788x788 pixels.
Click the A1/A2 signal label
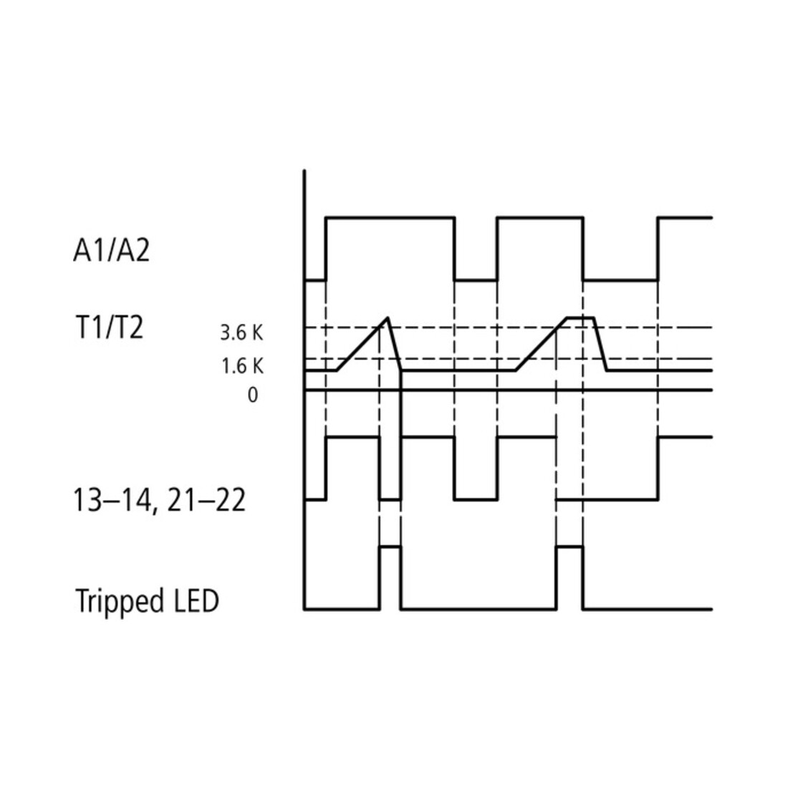click(112, 250)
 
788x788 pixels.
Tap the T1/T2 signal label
click(109, 327)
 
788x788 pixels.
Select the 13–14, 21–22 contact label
click(159, 501)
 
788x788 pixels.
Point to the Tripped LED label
click(148, 600)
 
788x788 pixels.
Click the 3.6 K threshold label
click(241, 332)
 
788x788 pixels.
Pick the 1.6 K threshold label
click(242, 366)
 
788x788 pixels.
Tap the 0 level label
click(253, 395)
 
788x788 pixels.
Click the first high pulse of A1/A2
click(390, 218)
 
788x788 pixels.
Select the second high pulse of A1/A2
click(540, 218)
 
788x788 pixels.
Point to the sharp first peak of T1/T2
click(388, 317)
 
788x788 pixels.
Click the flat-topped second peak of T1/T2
click(580, 317)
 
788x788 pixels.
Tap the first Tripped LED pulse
click(390, 547)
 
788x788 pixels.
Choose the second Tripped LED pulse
click(570, 547)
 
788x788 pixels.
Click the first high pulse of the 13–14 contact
click(352, 437)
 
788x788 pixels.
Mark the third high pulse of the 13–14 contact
click(527, 437)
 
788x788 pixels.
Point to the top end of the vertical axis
click(304, 170)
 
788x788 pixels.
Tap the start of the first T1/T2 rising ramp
click(337, 370)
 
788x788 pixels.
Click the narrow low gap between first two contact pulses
click(390, 499)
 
